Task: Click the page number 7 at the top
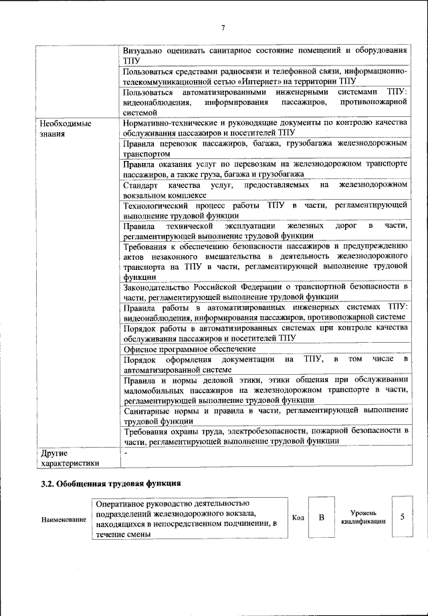coord(223,27)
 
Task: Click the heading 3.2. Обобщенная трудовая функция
coord(111,482)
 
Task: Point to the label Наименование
coord(64,519)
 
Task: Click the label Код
coord(298,517)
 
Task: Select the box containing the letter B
coord(321,517)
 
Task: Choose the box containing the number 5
coord(402,517)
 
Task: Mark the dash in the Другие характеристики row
coord(126,454)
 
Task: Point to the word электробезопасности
coord(260,432)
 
